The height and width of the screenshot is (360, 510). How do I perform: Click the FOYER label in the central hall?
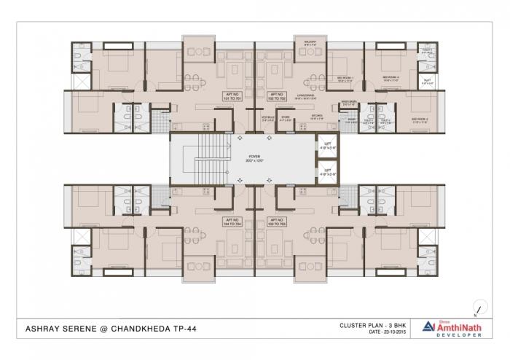coord(254,156)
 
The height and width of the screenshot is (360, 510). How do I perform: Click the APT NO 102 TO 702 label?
coord(276,97)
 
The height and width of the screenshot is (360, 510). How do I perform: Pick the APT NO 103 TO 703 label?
coord(276,221)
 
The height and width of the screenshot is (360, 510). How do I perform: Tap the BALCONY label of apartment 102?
coord(310,44)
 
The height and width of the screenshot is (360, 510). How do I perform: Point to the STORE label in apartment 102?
coord(286,116)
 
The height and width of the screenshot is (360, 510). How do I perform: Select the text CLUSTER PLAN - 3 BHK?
coord(372,325)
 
